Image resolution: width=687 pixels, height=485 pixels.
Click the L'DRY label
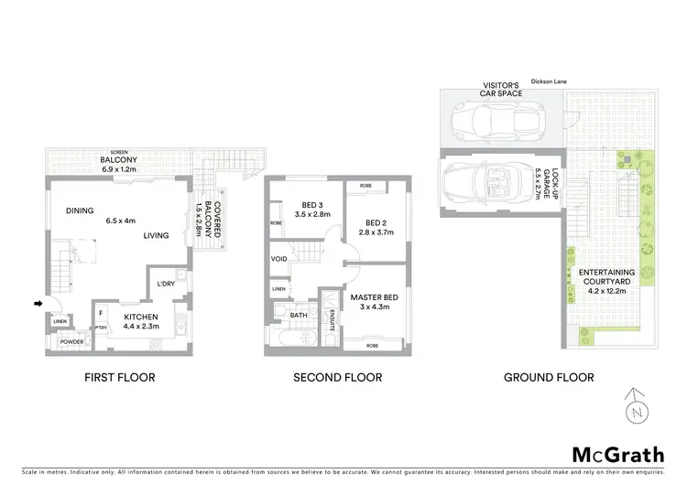[x=167, y=283]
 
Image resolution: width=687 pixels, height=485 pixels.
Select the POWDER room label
[x=71, y=342]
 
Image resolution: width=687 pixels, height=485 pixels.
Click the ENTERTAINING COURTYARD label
[x=607, y=277]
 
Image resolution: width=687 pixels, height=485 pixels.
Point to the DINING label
[x=81, y=210]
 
